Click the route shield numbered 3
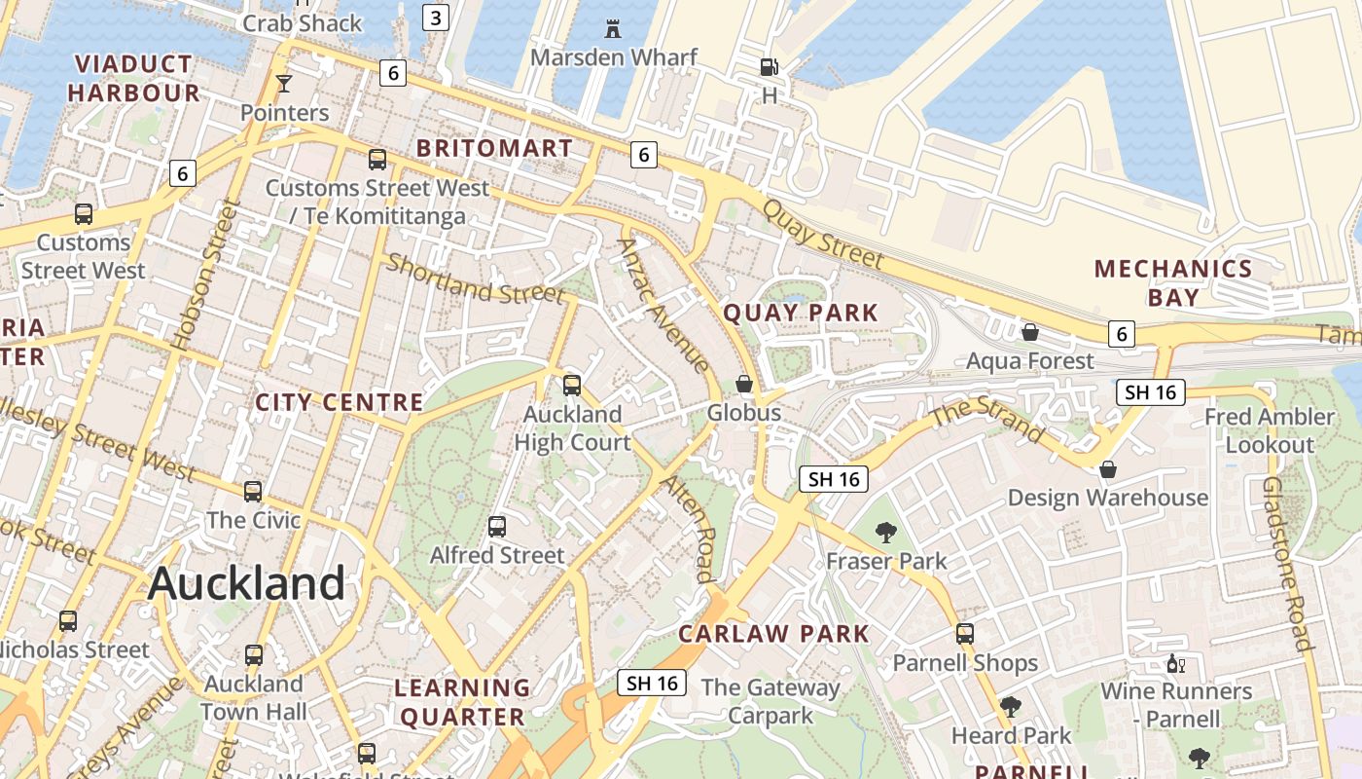tap(436, 18)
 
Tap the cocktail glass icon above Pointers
tap(283, 84)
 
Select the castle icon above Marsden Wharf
tap(613, 28)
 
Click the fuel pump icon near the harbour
tap(769, 67)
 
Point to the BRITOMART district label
tap(494, 149)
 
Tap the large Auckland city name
tap(247, 583)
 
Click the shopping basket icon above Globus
tap(744, 384)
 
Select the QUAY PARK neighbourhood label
tap(801, 313)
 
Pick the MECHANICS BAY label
tap(1172, 282)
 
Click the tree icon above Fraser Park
tap(885, 532)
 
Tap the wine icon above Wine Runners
tap(1175, 664)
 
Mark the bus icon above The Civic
tap(253, 491)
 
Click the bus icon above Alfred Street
tap(497, 527)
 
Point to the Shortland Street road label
tap(475, 278)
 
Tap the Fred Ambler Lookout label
tap(1269, 430)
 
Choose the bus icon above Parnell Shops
tap(964, 634)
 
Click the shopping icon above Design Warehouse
tap(1107, 469)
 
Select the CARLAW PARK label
tap(773, 634)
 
